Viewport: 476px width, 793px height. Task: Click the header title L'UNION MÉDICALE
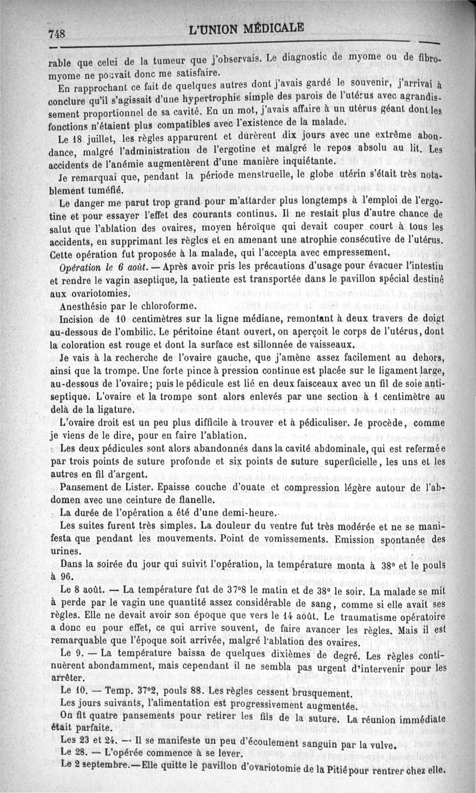[x=245, y=28]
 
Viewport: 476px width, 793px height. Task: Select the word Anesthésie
[x=85, y=306]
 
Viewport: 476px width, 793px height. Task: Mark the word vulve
[x=381, y=744]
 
